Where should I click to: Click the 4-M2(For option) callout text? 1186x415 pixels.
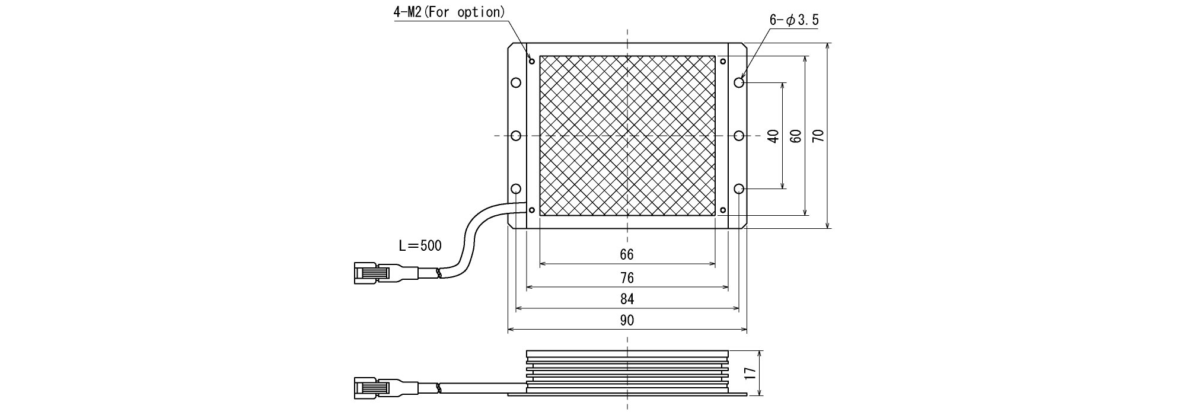pyautogui.click(x=449, y=12)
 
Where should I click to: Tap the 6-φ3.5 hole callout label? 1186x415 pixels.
pyautogui.click(x=794, y=20)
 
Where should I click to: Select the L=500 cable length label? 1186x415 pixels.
pyautogui.click(x=420, y=245)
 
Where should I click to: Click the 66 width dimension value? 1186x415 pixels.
pyautogui.click(x=627, y=255)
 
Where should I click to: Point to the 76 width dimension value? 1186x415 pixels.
pyautogui.click(x=627, y=277)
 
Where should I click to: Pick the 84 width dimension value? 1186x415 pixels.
pyautogui.click(x=627, y=299)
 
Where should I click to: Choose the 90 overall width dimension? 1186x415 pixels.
pyautogui.click(x=627, y=321)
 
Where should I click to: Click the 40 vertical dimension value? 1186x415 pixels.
pyautogui.click(x=773, y=136)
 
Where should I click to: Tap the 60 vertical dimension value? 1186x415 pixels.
pyautogui.click(x=796, y=136)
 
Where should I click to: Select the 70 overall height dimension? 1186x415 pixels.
pyautogui.click(x=818, y=136)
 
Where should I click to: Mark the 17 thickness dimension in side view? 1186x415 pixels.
pyautogui.click(x=751, y=373)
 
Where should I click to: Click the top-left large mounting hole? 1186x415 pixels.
pyautogui.click(x=516, y=82)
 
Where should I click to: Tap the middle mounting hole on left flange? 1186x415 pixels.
pyautogui.click(x=516, y=136)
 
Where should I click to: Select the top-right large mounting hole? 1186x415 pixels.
pyautogui.click(x=739, y=82)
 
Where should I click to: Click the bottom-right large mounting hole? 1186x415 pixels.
pyautogui.click(x=739, y=189)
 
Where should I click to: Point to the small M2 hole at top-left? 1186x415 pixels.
pyautogui.click(x=532, y=61)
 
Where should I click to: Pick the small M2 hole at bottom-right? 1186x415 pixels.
pyautogui.click(x=723, y=210)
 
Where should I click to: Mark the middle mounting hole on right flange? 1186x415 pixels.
pyautogui.click(x=739, y=136)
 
